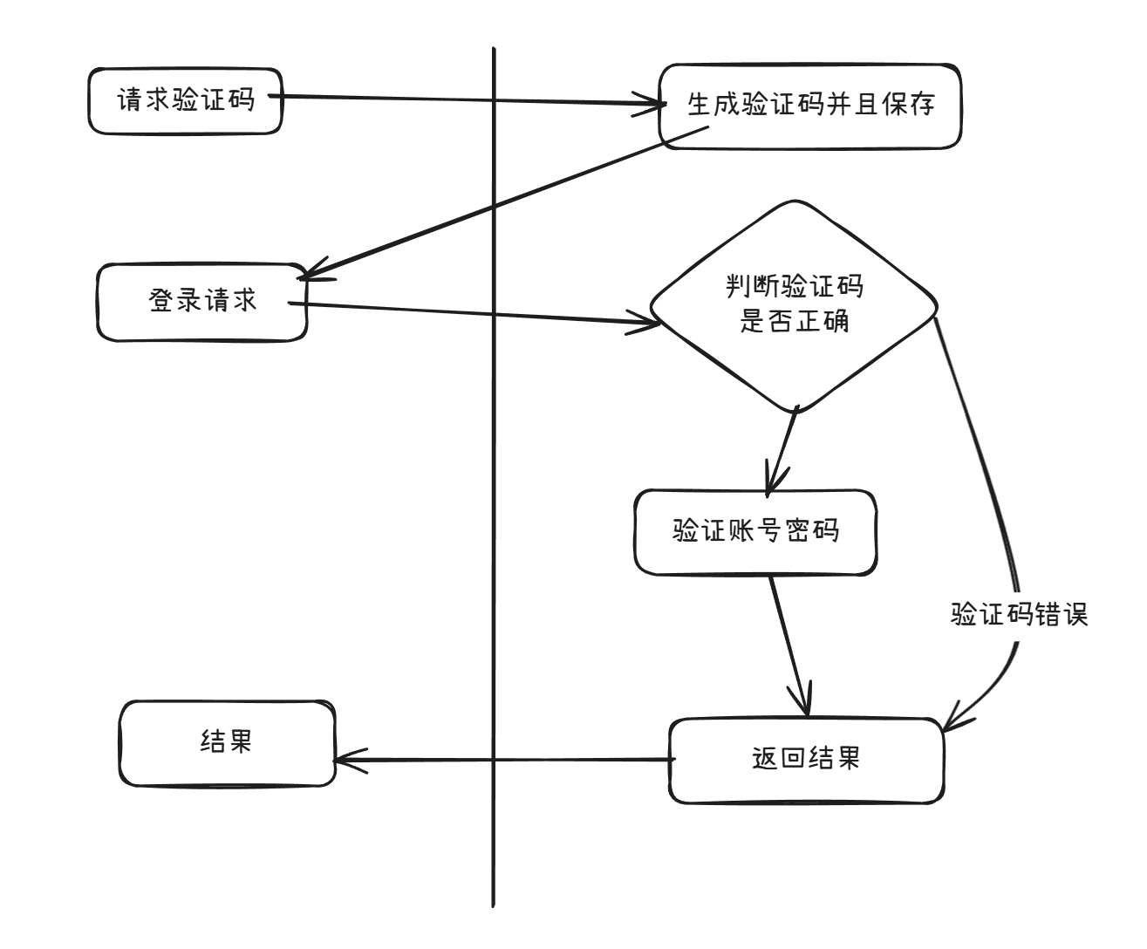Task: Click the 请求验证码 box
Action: point(185,101)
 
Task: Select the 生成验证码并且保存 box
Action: point(809,106)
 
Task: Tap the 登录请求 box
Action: point(202,302)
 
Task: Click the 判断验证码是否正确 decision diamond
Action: point(794,305)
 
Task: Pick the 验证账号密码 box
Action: point(755,531)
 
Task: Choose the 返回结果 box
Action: point(806,760)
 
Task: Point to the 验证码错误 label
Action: point(1019,614)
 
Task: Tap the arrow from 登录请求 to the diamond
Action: point(471,313)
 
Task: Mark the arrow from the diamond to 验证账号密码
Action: point(782,452)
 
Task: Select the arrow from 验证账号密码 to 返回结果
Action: point(789,641)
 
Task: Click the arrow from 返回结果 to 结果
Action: point(506,760)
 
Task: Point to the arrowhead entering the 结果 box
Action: point(342,760)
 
